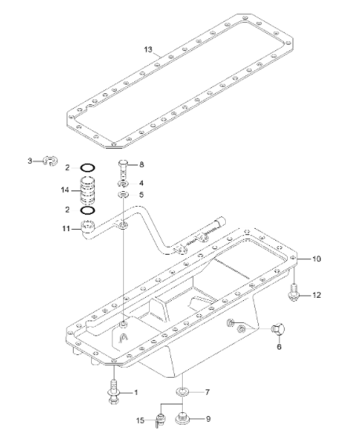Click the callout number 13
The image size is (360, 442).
pyautogui.click(x=148, y=49)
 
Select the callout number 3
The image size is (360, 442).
pyautogui.click(x=31, y=161)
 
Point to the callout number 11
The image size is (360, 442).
pyautogui.click(x=66, y=229)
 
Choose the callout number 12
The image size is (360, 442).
pyautogui.click(x=317, y=295)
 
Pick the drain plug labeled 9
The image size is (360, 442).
pyautogui.click(x=184, y=418)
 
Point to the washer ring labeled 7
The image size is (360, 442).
pyautogui.click(x=182, y=390)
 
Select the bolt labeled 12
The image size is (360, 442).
pyautogui.click(x=294, y=294)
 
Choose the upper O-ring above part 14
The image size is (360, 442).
pyautogui.click(x=89, y=168)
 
